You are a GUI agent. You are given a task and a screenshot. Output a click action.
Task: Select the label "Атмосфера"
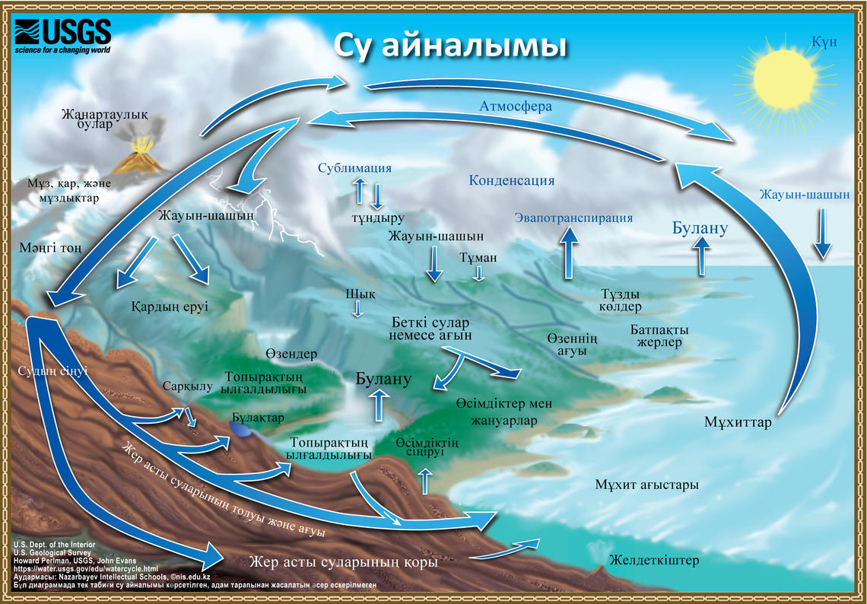[516, 106]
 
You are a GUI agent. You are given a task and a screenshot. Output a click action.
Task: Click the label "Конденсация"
[511, 181]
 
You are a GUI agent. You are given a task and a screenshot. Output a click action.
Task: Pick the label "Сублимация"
[355, 168]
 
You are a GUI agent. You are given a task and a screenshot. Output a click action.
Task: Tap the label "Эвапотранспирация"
[573, 218]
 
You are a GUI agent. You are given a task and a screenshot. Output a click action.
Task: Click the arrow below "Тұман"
[478, 273]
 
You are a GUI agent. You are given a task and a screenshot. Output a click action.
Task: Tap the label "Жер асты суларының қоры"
[344, 563]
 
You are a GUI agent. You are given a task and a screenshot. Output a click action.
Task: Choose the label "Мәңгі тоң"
[52, 248]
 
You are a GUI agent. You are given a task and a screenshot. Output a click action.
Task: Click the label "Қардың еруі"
[170, 307]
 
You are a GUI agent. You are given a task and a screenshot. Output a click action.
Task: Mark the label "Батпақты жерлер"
[659, 336]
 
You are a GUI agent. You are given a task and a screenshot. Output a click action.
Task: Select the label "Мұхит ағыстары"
[646, 485]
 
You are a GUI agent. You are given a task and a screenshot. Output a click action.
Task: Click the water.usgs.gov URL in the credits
[87, 568]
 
